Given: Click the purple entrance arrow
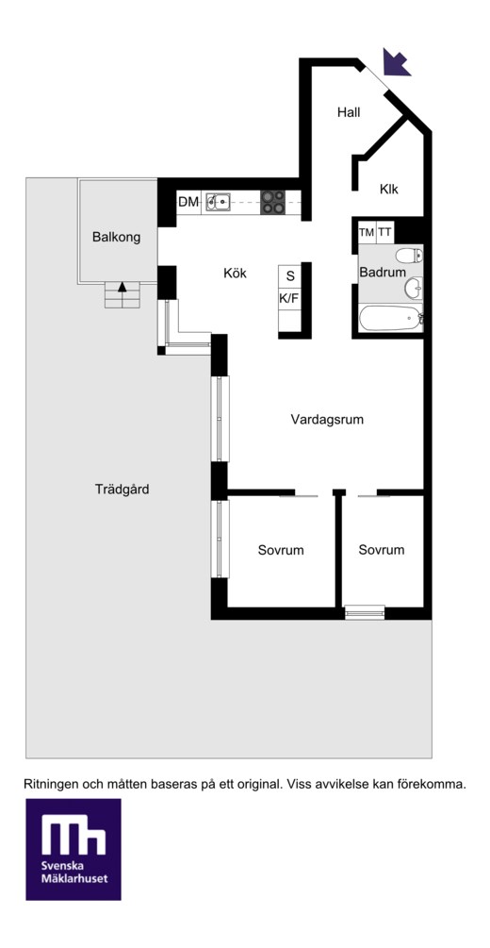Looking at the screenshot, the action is (x=397, y=63).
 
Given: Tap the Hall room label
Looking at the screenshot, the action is (x=349, y=112).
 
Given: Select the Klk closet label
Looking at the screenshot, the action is (x=389, y=189).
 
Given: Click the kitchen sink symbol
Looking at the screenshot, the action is (x=218, y=201).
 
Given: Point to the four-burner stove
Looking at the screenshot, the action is (x=273, y=201).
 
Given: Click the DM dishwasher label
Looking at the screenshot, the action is (x=188, y=202).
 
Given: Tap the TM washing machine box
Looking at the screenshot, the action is (x=367, y=231).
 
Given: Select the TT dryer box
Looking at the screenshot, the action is (x=384, y=231).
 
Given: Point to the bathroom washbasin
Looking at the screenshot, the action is (x=414, y=288).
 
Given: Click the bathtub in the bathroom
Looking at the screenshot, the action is (x=391, y=318).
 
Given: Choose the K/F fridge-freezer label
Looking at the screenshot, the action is (x=289, y=297).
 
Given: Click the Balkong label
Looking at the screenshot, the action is (x=117, y=237).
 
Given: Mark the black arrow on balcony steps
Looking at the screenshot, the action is (x=122, y=287).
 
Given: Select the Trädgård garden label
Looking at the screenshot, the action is (x=122, y=490).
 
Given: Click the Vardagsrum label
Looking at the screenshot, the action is (x=327, y=419).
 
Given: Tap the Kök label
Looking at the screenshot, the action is (x=235, y=274).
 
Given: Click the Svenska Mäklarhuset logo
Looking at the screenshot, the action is (x=73, y=849).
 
